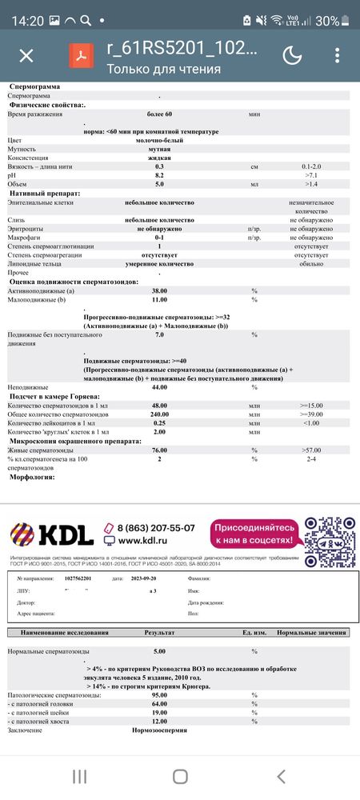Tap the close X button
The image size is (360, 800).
click(26, 55)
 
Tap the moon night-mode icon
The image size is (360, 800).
click(293, 55)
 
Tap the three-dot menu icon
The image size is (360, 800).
click(334, 55)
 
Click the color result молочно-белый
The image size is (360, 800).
click(160, 140)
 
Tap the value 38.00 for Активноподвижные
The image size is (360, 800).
click(160, 291)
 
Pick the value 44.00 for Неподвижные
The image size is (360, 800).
click(160, 386)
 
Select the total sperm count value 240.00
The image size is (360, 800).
click(160, 414)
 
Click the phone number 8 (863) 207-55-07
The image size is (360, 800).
click(156, 528)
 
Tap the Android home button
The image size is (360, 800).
click(180, 776)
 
